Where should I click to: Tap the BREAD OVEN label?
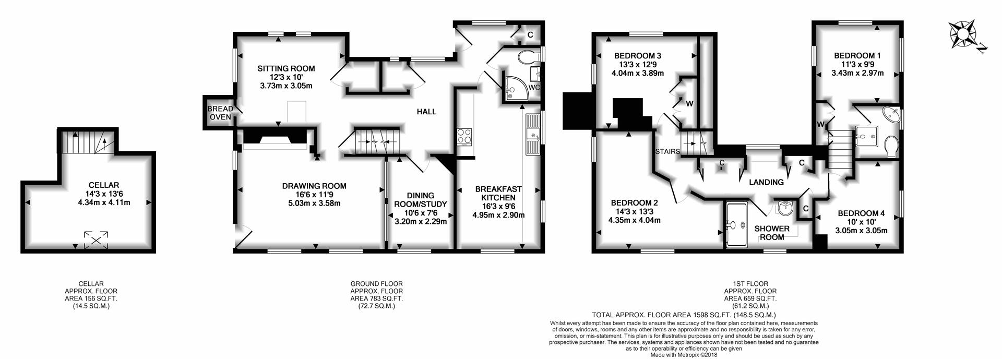220,113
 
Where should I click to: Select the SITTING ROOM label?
286,68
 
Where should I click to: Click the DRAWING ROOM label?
314,186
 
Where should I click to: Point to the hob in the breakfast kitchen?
464,136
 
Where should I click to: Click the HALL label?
426,112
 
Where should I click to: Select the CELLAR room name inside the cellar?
104,185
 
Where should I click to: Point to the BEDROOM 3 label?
638,56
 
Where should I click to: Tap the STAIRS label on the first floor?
668,152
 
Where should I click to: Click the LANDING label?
766,182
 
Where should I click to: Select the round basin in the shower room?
785,208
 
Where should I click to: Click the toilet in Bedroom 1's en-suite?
891,147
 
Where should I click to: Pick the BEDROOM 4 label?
861,213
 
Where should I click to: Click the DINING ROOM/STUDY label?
421,200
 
